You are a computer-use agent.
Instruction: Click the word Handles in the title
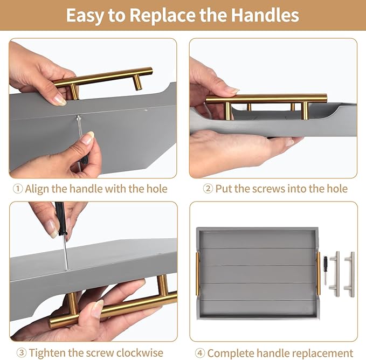pos(265,15)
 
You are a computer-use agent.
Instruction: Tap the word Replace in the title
pos(162,16)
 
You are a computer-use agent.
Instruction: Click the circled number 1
pos(18,189)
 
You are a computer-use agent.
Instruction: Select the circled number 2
pos(208,189)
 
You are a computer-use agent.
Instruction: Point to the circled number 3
pos(22,352)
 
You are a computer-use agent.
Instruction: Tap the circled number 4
pos(200,353)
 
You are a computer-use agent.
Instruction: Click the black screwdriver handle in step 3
pos(60,218)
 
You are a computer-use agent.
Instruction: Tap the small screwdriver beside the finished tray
pos(325,270)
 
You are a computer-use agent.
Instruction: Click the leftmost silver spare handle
pos(337,274)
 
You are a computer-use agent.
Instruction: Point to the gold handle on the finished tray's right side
pos(319,273)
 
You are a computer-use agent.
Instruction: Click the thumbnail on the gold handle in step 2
pos(232,91)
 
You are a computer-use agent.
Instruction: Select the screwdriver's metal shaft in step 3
pos(65,252)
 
